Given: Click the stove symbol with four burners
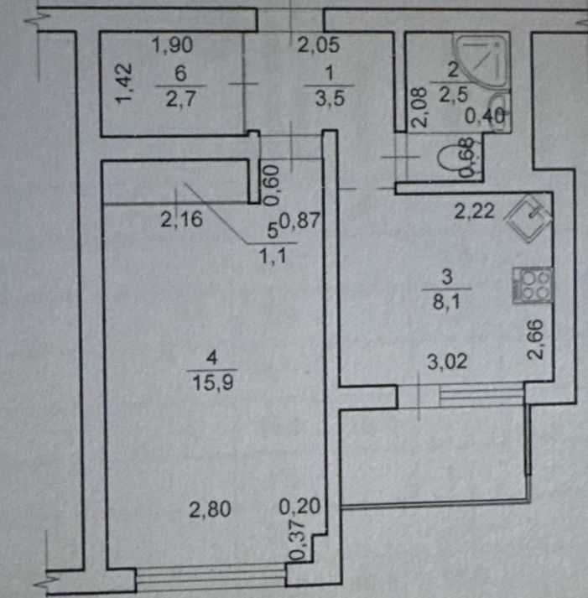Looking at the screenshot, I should pyautogui.click(x=533, y=286).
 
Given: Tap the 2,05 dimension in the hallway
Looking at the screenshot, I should pyautogui.click(x=318, y=47).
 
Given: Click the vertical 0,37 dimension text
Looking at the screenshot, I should pyautogui.click(x=294, y=541).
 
